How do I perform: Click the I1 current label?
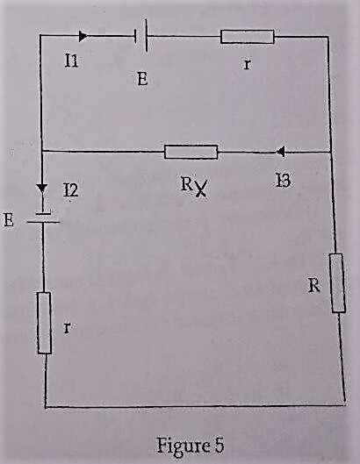(71, 61)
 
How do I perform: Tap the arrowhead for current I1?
(83, 36)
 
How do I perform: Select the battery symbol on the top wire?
(141, 35)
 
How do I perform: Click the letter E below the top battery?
(142, 79)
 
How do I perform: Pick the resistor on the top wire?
(248, 37)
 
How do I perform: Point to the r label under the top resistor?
(246, 64)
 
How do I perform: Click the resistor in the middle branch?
(191, 152)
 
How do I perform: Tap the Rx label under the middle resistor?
(194, 187)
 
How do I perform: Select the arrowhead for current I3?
(280, 152)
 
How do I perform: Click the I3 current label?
(283, 181)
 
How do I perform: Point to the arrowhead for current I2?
(42, 189)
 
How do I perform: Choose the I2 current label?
(71, 190)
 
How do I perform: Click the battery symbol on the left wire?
(43, 218)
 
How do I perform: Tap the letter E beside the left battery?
(9, 220)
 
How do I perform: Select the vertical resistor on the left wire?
(45, 323)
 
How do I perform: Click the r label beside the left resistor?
(67, 328)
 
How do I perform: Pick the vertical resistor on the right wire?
(337, 283)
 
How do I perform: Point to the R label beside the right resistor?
(314, 286)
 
